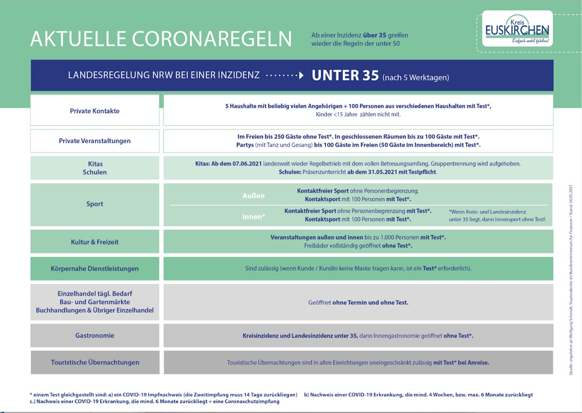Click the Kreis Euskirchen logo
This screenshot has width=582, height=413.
pyautogui.click(x=517, y=29)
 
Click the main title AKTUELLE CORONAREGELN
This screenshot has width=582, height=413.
pyautogui.click(x=161, y=39)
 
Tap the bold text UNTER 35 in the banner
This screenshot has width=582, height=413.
pyautogui.click(x=345, y=75)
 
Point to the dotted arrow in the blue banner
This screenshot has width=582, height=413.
pyautogui.click(x=285, y=75)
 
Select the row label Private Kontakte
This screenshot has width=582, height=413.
pyautogui.click(x=95, y=111)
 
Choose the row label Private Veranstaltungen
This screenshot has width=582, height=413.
pyautogui.click(x=95, y=141)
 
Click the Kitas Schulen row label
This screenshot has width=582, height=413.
pyautogui.click(x=95, y=168)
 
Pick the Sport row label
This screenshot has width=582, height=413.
pyautogui.click(x=95, y=204)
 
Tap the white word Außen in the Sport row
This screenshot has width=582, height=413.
pyautogui.click(x=253, y=196)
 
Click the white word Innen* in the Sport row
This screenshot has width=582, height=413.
pyautogui.click(x=253, y=217)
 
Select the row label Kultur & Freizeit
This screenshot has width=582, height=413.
pyautogui.click(x=95, y=242)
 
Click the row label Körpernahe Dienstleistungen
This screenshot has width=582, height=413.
pyautogui.click(x=95, y=269)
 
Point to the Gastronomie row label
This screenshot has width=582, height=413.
pyautogui.click(x=95, y=335)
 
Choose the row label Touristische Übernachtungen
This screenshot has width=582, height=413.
pyautogui.click(x=95, y=362)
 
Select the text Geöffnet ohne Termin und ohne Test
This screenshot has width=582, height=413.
pyautogui.click(x=358, y=303)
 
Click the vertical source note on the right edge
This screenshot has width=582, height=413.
pyautogui.click(x=571, y=280)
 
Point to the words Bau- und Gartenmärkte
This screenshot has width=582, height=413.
pyautogui.click(x=95, y=302)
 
